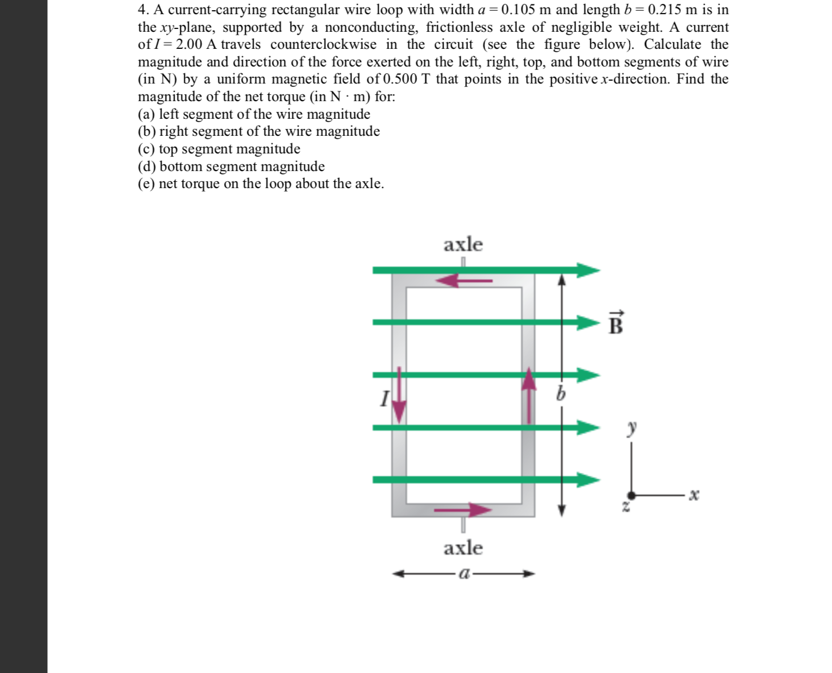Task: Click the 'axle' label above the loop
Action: (463, 244)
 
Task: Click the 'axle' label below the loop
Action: (463, 548)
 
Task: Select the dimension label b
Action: (561, 393)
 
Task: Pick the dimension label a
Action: (463, 574)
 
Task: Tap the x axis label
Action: (693, 495)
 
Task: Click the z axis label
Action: (626, 506)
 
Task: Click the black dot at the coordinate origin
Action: (631, 496)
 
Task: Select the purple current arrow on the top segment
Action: (467, 280)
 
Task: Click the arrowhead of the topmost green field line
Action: (588, 270)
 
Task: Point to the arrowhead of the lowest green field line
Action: (588, 480)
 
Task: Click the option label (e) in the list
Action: (146, 184)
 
